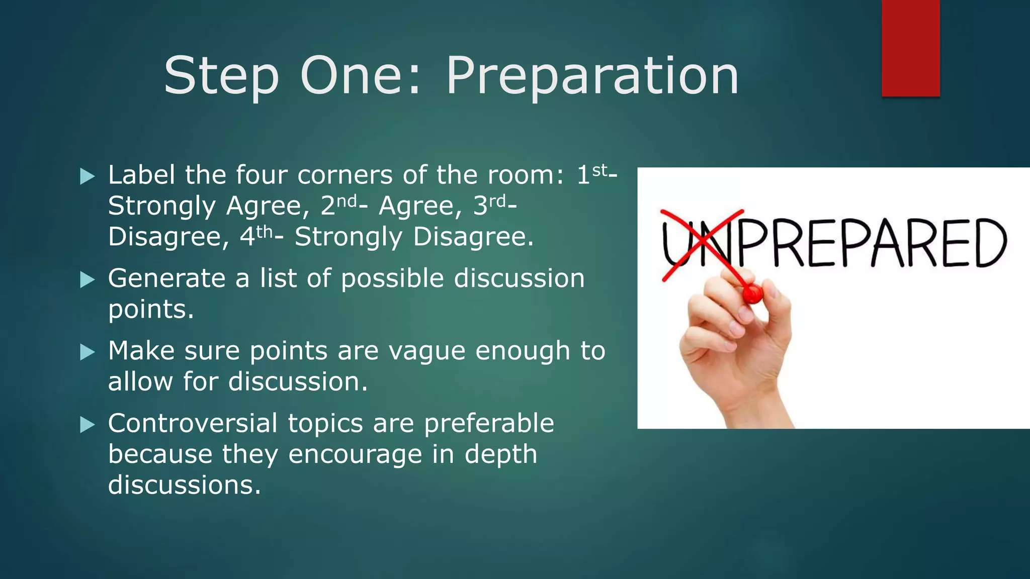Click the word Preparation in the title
click(592, 76)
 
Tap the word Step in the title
click(221, 76)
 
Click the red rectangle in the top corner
click(910, 48)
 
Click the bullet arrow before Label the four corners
click(88, 176)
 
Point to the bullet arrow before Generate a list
click(88, 280)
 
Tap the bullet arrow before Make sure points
click(88, 352)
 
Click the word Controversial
click(193, 423)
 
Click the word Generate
click(166, 278)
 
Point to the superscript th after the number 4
click(265, 232)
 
